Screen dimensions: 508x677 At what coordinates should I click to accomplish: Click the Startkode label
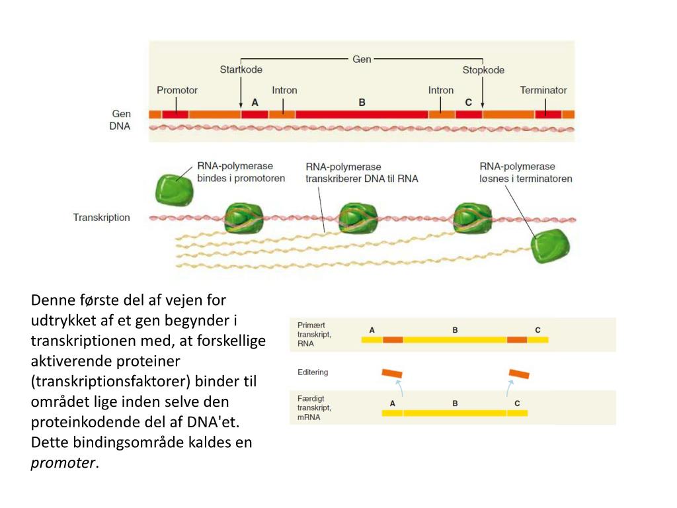click(241, 69)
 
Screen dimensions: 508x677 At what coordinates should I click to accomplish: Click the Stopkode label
click(483, 69)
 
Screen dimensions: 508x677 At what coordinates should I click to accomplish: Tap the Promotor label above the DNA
click(177, 90)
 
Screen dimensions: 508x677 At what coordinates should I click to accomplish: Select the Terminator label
click(543, 90)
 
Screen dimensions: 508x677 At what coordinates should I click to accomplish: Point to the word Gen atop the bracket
click(362, 59)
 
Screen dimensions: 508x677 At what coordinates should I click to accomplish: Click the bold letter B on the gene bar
click(362, 103)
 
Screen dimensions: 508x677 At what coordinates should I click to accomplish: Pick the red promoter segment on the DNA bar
click(175, 114)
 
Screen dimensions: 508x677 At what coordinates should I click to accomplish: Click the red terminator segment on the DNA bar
click(548, 114)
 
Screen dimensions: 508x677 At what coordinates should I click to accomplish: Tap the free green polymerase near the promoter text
click(175, 189)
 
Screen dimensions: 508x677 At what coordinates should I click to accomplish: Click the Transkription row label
click(101, 217)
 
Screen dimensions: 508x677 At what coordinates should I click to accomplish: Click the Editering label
click(313, 372)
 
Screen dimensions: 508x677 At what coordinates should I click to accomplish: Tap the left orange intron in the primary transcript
click(393, 340)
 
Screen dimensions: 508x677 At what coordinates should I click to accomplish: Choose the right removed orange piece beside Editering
click(519, 374)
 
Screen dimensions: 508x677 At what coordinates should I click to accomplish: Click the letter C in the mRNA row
click(517, 403)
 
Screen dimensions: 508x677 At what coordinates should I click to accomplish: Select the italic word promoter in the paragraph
click(63, 462)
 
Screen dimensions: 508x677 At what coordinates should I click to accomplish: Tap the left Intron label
click(284, 90)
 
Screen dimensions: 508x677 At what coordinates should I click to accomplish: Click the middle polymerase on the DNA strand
click(358, 219)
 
